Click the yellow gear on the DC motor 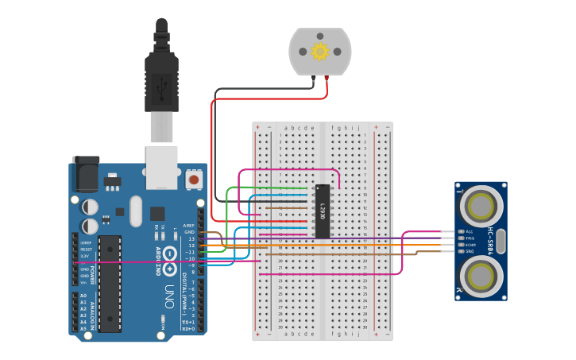click(320, 52)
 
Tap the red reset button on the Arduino click(193, 180)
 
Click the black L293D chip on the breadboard click(323, 211)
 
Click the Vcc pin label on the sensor click(470, 231)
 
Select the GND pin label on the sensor click(470, 251)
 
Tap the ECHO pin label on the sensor click(470, 245)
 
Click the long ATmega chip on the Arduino click(110, 283)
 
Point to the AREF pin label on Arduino click(189, 225)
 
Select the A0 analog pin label click(83, 296)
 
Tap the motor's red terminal click(327, 78)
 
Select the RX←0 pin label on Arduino click(188, 328)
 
